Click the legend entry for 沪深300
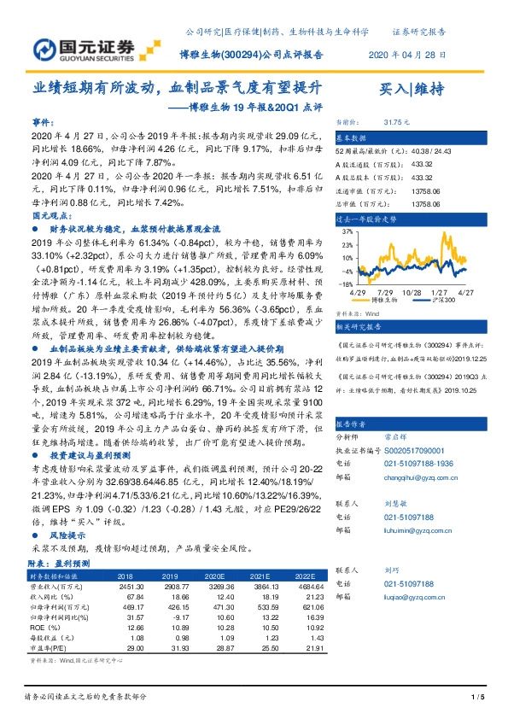[x=445, y=301]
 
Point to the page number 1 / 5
[x=476, y=699]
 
